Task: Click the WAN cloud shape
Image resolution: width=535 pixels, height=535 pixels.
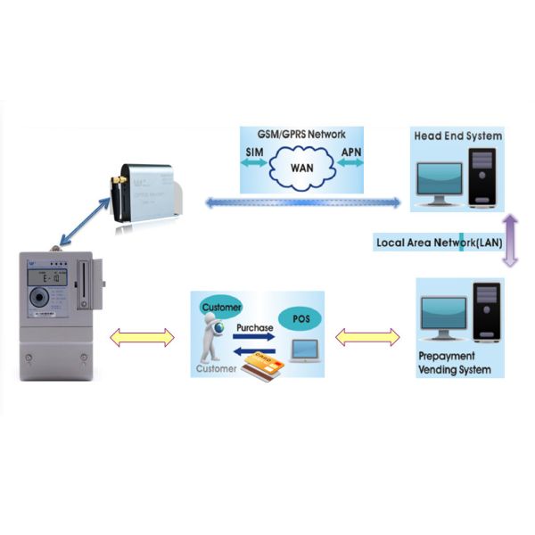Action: coord(302,167)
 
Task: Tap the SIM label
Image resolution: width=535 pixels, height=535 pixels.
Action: coord(253,153)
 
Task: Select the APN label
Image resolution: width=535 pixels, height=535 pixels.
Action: coord(351,153)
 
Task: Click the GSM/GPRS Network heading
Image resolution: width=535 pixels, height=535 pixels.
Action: coord(302,136)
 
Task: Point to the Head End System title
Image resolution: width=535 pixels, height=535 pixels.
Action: coord(457,136)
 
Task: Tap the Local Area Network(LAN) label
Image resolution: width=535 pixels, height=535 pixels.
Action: coord(437,242)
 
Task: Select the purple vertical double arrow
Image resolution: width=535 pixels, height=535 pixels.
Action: coord(510,241)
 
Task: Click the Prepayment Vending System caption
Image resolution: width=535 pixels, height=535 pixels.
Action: coord(454,363)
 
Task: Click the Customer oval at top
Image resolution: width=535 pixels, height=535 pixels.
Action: coord(221,308)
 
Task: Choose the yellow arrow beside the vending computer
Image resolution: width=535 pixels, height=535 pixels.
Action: coord(366,337)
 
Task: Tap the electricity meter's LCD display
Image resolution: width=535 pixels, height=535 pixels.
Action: coord(42,293)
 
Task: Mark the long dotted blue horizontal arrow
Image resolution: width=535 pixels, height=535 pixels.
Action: coord(303,204)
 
